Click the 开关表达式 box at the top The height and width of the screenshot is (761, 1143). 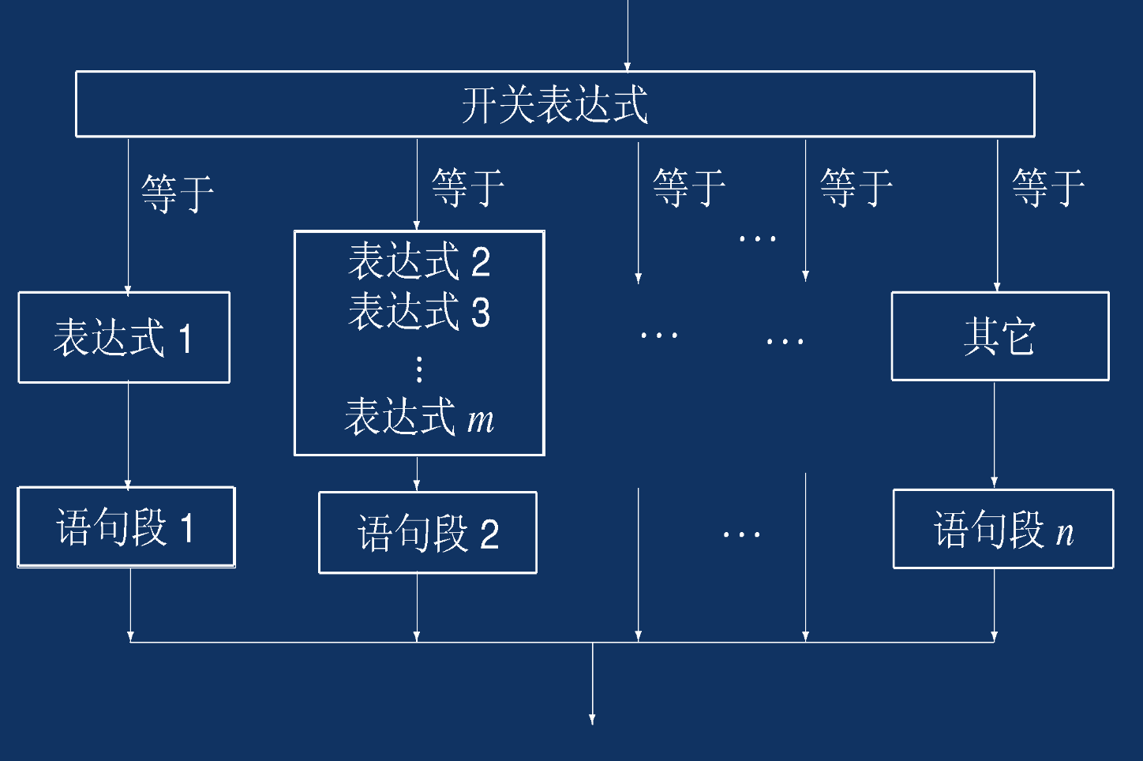click(x=554, y=104)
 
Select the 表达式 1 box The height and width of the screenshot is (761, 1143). click(x=124, y=338)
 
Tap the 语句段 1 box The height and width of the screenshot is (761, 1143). click(x=126, y=527)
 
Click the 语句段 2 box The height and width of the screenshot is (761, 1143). click(x=427, y=533)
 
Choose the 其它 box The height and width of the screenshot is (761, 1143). click(x=999, y=336)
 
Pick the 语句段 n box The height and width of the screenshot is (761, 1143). click(x=1002, y=529)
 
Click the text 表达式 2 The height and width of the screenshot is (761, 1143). click(x=419, y=261)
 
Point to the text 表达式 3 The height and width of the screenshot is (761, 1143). click(x=419, y=311)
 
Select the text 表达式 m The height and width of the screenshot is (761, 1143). click(x=419, y=417)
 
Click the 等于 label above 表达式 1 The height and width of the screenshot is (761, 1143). click(x=178, y=193)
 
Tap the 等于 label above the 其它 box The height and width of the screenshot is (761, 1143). click(x=1048, y=187)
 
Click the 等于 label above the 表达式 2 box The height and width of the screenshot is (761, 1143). click(x=468, y=187)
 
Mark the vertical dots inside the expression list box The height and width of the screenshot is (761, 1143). click(x=419, y=369)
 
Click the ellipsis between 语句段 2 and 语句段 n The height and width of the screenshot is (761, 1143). click(x=741, y=535)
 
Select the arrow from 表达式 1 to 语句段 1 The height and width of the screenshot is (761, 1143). click(x=128, y=434)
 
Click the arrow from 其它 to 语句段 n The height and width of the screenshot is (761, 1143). click(x=994, y=434)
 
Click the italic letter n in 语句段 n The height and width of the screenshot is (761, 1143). click(x=1065, y=534)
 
